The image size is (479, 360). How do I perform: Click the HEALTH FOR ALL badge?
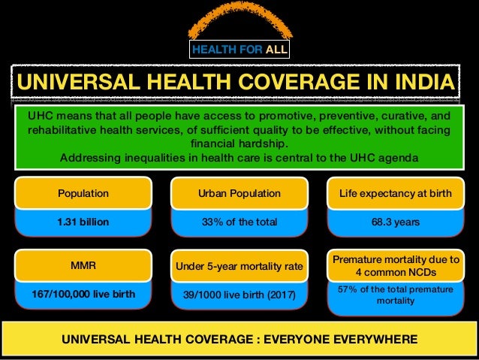pyautogui.click(x=239, y=50)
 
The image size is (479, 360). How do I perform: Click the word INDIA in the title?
pyautogui.click(x=420, y=82)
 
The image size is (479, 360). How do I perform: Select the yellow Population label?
pyautogui.click(x=83, y=193)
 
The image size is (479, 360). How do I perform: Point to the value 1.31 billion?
pyautogui.click(x=83, y=222)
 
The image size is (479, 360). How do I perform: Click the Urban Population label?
pyautogui.click(x=239, y=193)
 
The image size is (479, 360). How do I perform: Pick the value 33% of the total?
pyautogui.click(x=239, y=222)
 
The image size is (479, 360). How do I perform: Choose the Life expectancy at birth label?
pyautogui.click(x=394, y=193)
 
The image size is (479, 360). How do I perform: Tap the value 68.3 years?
pyautogui.click(x=394, y=222)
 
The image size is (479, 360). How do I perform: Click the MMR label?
pyautogui.click(x=83, y=265)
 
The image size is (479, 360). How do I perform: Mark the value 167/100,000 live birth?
pyautogui.click(x=83, y=294)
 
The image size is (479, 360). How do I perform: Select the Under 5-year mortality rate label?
pyautogui.click(x=239, y=265)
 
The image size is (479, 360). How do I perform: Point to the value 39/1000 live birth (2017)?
pyautogui.click(x=239, y=295)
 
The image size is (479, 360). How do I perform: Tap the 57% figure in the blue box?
pyautogui.click(x=350, y=288)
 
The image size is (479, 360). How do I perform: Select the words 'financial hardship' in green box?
pyautogui.click(x=239, y=144)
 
